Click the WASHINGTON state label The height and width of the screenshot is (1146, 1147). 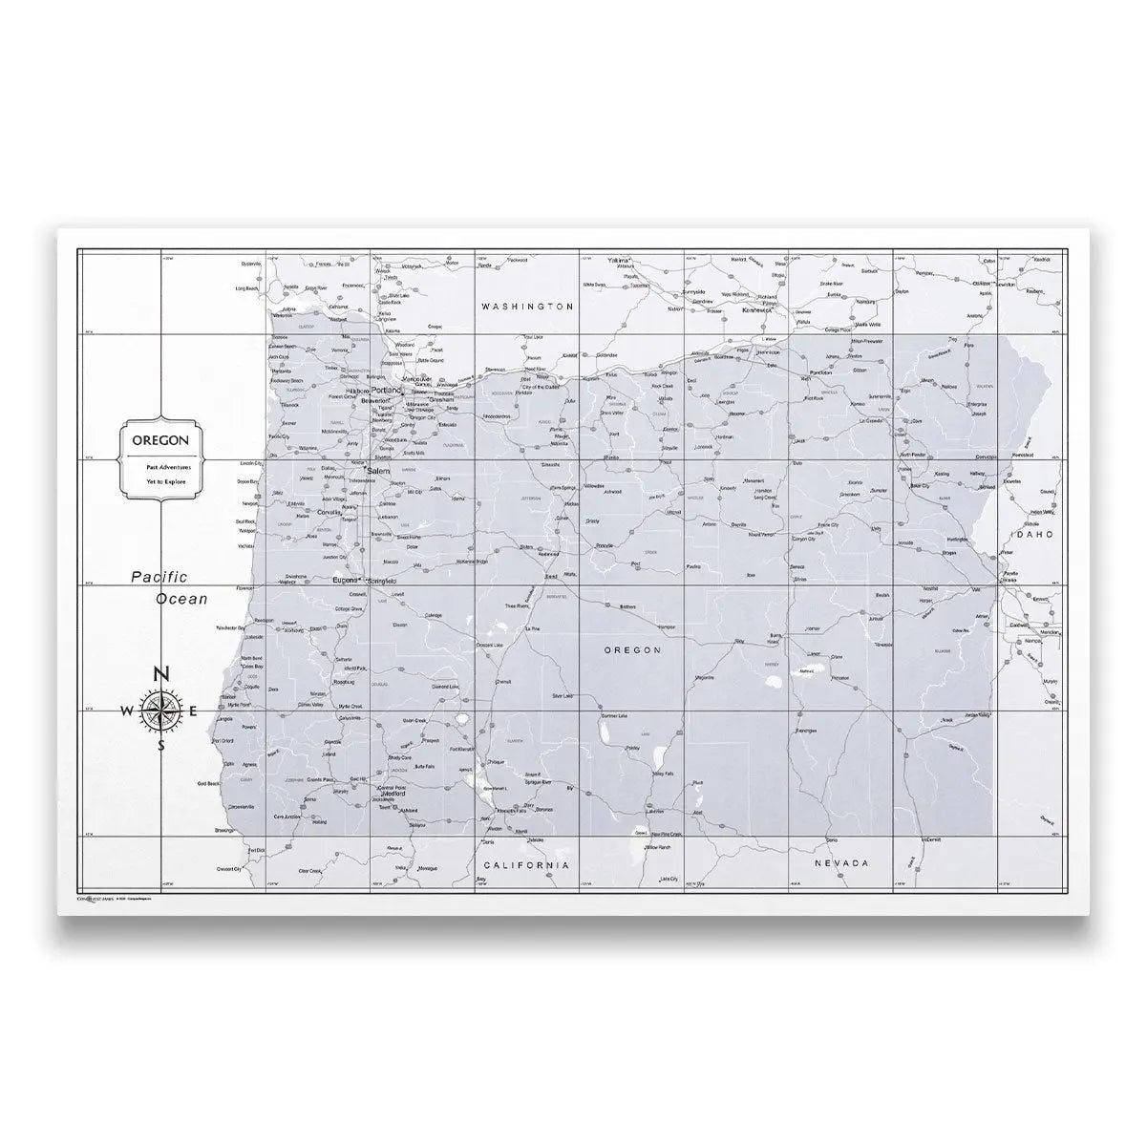[527, 307]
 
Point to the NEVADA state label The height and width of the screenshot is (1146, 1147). [840, 863]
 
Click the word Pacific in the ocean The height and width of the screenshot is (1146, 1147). [160, 577]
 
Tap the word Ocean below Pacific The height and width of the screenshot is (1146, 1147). [181, 600]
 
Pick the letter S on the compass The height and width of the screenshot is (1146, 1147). [160, 746]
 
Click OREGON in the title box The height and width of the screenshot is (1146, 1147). [160, 440]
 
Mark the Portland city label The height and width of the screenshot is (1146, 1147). [385, 391]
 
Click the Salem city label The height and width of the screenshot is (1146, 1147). [377, 472]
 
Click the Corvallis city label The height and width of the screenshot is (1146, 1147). [330, 512]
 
